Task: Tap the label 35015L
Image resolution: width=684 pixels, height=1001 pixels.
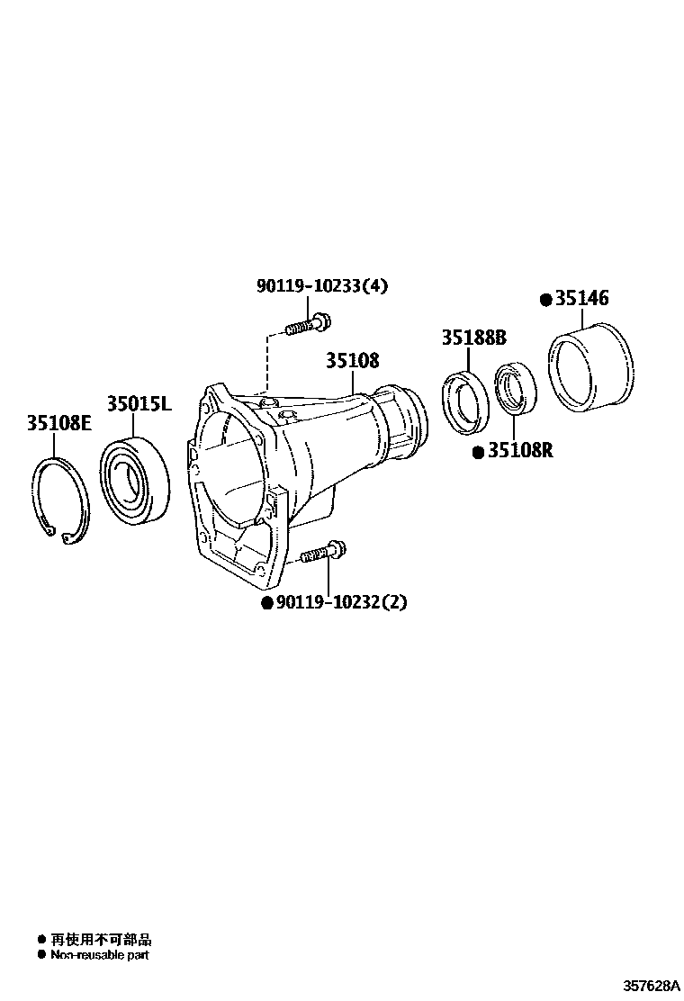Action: [139, 404]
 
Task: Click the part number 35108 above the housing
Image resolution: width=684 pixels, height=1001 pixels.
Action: [352, 360]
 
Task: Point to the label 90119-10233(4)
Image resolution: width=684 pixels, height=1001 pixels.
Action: [322, 285]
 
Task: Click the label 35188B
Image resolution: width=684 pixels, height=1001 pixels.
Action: [473, 338]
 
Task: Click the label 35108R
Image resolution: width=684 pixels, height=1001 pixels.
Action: [520, 450]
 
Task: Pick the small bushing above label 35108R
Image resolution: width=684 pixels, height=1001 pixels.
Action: [515, 388]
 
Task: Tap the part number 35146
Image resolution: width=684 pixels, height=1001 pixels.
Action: [581, 299]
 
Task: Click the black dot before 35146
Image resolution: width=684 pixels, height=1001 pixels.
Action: [545, 300]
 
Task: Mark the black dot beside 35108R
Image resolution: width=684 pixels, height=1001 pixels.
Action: [478, 451]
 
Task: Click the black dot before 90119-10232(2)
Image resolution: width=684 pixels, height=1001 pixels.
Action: [266, 603]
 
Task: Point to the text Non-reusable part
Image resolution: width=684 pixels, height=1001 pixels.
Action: [99, 955]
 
